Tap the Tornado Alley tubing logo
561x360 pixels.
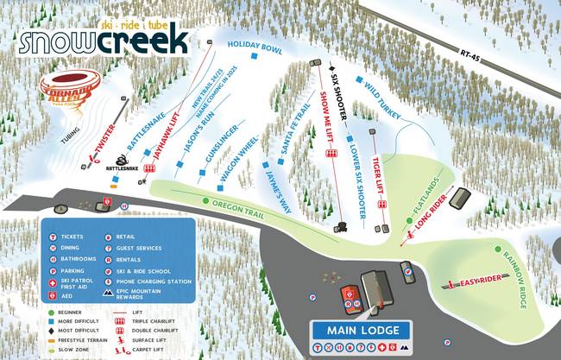pos(71,86)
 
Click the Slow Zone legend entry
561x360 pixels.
pos(75,349)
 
